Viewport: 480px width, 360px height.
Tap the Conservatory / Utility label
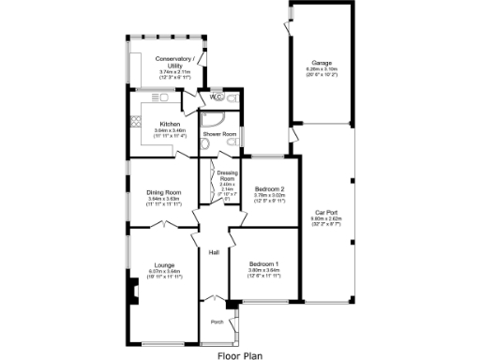click(174, 61)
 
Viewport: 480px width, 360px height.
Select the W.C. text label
click(217, 97)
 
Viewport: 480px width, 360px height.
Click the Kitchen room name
click(170, 125)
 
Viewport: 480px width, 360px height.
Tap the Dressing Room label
click(226, 174)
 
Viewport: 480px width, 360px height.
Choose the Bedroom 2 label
click(269, 188)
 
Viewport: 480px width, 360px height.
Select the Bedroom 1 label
click(262, 265)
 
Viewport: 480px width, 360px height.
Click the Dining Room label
click(164, 192)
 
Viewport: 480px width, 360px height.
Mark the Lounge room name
click(165, 265)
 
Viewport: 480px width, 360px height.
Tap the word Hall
click(213, 251)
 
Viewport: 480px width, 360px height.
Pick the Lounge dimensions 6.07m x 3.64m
click(165, 271)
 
